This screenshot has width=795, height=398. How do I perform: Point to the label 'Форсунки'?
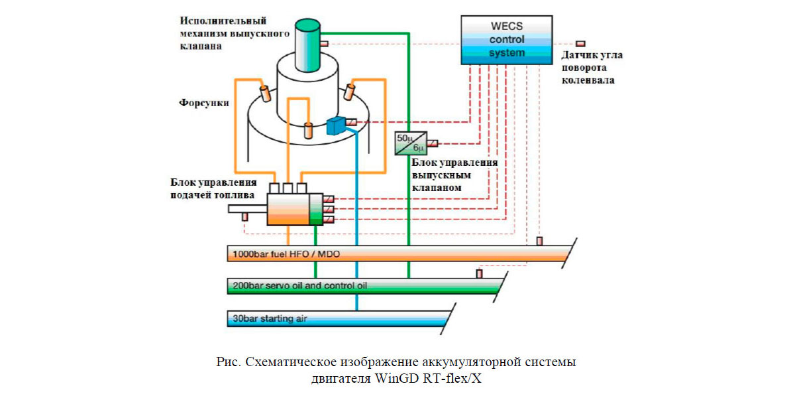tap(204, 103)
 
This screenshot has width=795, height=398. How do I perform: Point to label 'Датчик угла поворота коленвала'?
tap(591, 68)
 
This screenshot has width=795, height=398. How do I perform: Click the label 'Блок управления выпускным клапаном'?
tap(454, 175)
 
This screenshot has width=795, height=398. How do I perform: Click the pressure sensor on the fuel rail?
tap(539, 241)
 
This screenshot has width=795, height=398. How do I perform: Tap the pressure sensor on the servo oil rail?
tap(479, 273)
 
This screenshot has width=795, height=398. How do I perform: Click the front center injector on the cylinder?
tap(307, 130)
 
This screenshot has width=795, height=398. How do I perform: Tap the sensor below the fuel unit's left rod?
tap(244, 217)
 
